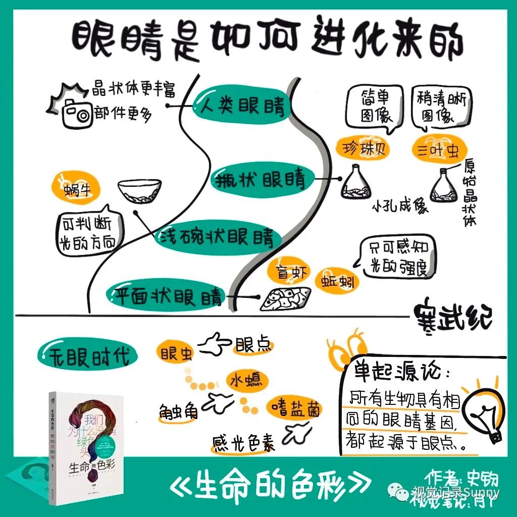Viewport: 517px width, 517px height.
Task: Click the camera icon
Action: click(x=76, y=115)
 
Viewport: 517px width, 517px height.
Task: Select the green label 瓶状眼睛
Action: click(x=263, y=179)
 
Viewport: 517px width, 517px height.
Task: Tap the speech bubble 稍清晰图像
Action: click(x=440, y=107)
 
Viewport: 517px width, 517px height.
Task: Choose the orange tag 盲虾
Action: click(x=288, y=272)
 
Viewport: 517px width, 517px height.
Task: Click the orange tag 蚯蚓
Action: click(x=335, y=281)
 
